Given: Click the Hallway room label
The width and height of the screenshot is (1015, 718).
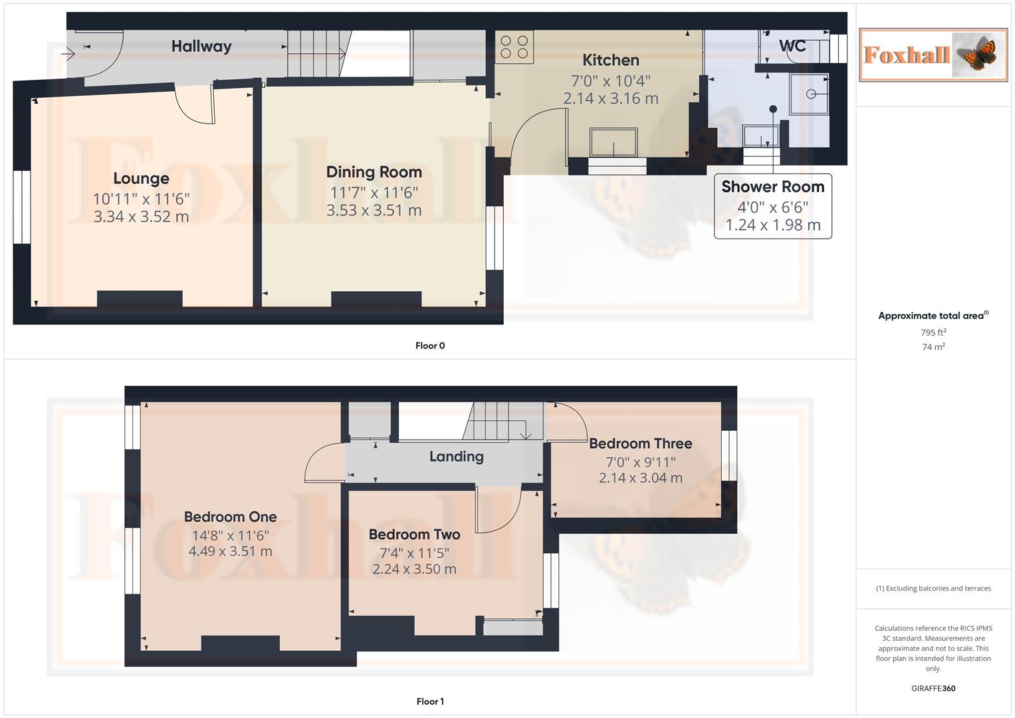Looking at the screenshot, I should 201,47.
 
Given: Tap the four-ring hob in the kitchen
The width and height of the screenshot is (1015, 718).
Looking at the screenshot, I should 514,47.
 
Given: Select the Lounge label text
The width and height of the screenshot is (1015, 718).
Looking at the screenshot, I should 141,178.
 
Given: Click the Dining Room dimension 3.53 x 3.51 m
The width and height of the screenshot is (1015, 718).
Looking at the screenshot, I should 374,211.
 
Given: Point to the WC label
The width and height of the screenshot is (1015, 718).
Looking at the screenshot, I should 792,46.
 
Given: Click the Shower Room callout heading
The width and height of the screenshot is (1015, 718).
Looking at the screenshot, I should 772,187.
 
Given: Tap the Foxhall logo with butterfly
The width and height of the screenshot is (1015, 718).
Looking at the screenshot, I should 933,55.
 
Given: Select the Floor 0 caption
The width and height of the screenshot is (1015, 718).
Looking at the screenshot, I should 430,346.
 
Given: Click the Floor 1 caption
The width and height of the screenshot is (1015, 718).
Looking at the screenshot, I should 430,701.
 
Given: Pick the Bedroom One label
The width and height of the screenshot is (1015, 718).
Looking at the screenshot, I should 230,517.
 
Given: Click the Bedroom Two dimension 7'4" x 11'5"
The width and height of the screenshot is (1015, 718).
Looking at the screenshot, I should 414,552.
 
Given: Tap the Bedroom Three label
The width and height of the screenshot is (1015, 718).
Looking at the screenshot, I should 640,443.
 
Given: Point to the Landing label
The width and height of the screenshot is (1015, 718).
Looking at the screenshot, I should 456,456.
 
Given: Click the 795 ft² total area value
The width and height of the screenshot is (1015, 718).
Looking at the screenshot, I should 933,332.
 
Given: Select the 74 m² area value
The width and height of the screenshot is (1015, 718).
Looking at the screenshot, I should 933,347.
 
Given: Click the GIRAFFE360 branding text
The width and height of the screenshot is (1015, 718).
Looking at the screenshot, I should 933,688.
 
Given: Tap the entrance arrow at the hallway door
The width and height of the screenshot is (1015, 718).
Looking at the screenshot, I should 68,54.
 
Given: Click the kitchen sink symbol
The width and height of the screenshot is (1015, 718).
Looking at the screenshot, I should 614,142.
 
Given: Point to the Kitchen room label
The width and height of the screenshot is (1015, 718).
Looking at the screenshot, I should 610,60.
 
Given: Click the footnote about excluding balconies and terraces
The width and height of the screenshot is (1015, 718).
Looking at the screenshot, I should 933,588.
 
